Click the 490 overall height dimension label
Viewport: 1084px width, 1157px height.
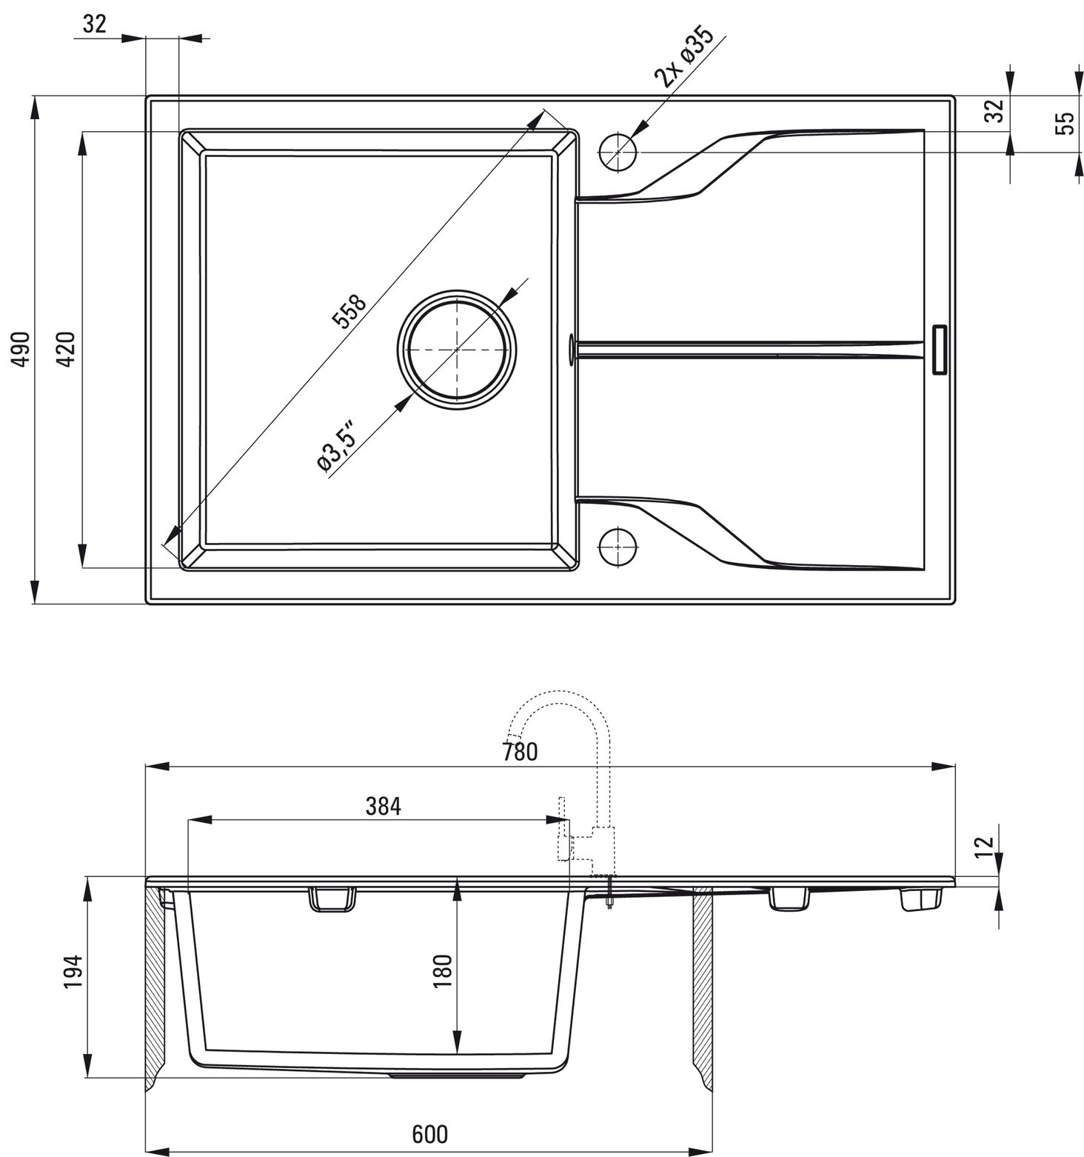tap(22, 348)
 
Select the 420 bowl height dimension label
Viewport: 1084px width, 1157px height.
tap(67, 349)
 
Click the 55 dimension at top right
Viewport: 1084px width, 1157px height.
tap(1063, 122)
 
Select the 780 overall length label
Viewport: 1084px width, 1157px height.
tap(520, 752)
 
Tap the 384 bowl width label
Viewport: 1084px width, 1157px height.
tap(383, 807)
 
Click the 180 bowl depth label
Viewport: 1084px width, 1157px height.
tap(442, 970)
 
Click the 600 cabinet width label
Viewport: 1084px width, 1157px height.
tap(430, 1134)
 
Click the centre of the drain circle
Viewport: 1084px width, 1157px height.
tap(457, 348)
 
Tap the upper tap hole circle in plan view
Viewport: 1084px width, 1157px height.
tap(617, 152)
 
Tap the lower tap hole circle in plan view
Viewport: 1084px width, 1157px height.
tap(617, 547)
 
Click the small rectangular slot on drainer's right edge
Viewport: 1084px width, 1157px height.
tap(939, 348)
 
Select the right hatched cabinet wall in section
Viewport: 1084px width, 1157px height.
tap(703, 985)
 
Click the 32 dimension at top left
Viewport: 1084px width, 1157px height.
tap(94, 24)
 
